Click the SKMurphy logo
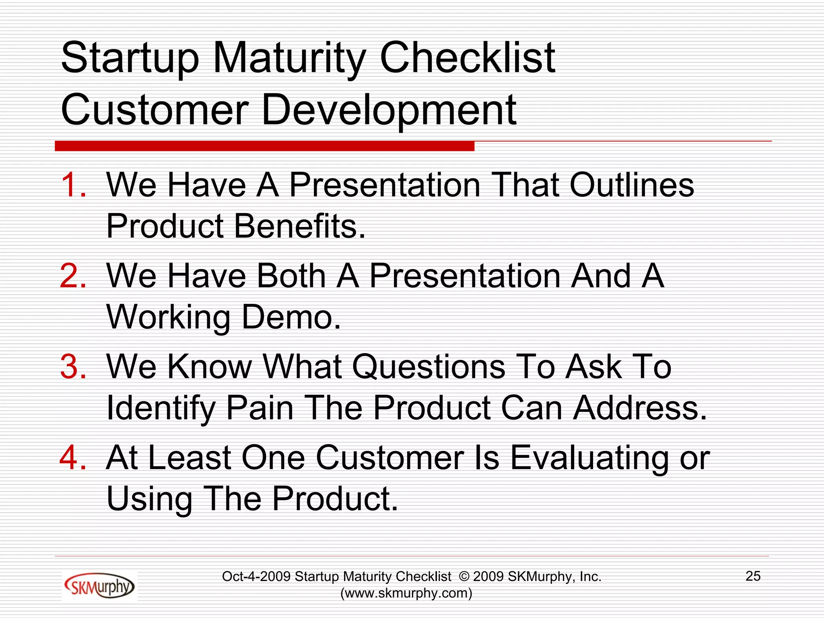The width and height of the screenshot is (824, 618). click(99, 586)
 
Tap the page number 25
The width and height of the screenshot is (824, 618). click(753, 576)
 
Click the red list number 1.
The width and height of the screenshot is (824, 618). click(73, 185)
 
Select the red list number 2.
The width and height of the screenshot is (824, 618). click(73, 276)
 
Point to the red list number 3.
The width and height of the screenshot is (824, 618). click(73, 367)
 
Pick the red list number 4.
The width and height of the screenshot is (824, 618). click(73, 457)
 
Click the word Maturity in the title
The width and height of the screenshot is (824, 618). click(289, 59)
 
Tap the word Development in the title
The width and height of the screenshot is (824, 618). click(389, 110)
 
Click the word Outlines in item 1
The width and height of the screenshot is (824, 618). click(632, 185)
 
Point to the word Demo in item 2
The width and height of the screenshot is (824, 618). click(291, 317)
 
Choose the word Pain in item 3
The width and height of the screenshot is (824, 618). click(260, 408)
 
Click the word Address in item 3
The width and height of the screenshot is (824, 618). click(640, 408)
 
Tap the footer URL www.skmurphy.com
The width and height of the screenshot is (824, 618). click(406, 593)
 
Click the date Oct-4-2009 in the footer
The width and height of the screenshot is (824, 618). click(256, 577)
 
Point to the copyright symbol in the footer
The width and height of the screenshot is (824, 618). click(464, 577)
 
